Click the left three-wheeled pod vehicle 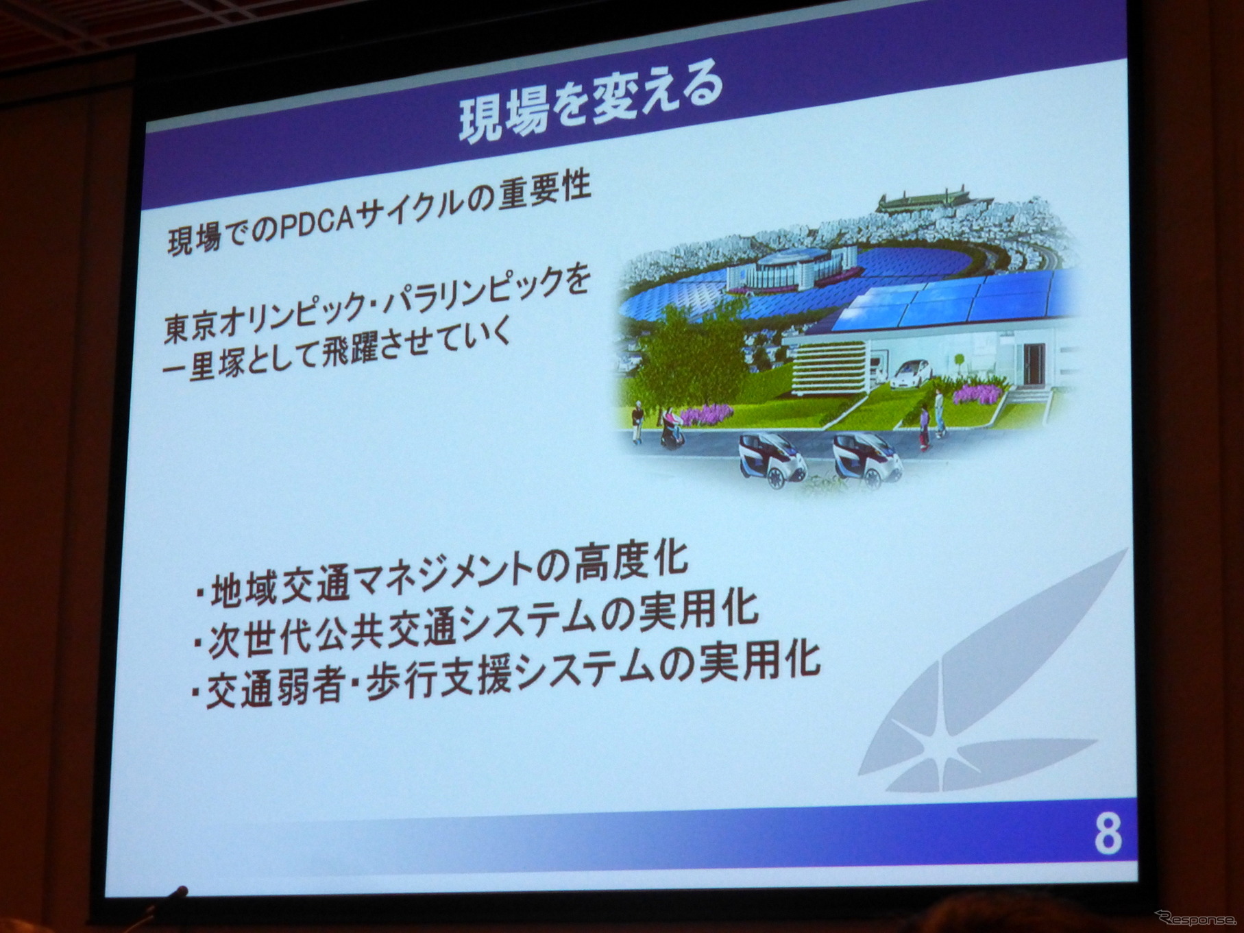[x=771, y=459]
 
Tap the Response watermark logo [x=1195, y=917]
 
